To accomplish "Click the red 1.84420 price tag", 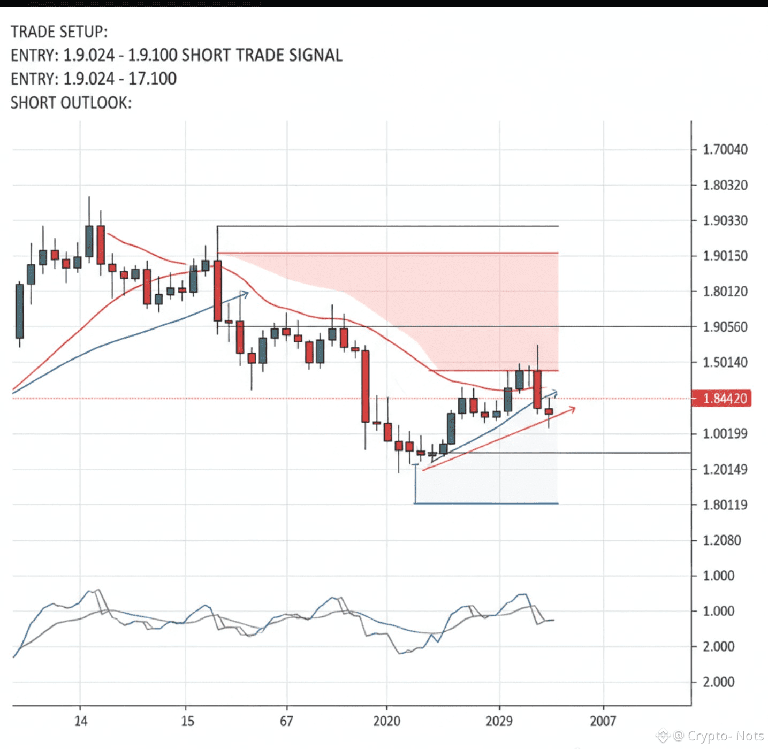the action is pyautogui.click(x=721, y=399).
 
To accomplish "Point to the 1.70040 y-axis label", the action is pyautogui.click(x=725, y=149).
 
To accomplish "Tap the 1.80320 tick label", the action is pyautogui.click(x=725, y=185).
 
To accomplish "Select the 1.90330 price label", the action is pyautogui.click(x=725, y=220).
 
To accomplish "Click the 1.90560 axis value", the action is pyautogui.click(x=725, y=327).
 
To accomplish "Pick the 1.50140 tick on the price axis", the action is pyautogui.click(x=725, y=362).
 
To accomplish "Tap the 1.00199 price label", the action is pyautogui.click(x=725, y=433).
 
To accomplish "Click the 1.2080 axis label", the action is pyautogui.click(x=722, y=540).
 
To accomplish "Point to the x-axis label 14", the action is pyautogui.click(x=81, y=721).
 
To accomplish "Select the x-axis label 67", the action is pyautogui.click(x=286, y=721).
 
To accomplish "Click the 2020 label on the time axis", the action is pyautogui.click(x=387, y=721).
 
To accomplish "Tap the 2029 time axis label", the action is pyautogui.click(x=499, y=721).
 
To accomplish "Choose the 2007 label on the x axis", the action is pyautogui.click(x=603, y=721).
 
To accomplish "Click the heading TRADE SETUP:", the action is pyautogui.click(x=59, y=32).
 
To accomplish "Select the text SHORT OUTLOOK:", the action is pyautogui.click(x=71, y=103).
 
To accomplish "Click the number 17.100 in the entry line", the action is pyautogui.click(x=153, y=79).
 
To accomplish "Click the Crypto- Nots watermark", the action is pyautogui.click(x=718, y=736).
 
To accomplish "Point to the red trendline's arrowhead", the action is pyautogui.click(x=572, y=409).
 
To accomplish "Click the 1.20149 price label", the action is pyautogui.click(x=725, y=469).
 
